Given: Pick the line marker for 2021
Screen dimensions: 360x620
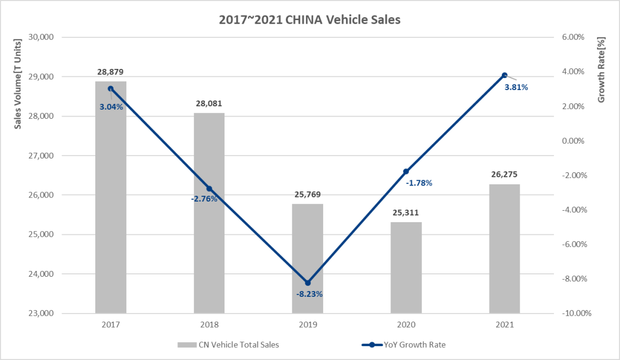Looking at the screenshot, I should (x=505, y=75).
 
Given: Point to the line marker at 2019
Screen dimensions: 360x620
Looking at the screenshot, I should (x=308, y=283).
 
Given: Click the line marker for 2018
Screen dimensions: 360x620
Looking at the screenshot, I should (x=209, y=188).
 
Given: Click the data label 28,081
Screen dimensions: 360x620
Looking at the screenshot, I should (x=208, y=104).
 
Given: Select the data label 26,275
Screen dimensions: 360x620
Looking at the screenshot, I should (x=505, y=175).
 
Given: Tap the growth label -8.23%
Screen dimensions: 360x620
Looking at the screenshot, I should (x=309, y=294).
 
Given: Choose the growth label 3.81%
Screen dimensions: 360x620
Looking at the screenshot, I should (x=516, y=87).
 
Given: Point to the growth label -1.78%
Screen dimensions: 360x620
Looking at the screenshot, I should (x=418, y=183).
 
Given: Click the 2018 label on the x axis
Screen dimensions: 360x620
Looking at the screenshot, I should (x=209, y=324).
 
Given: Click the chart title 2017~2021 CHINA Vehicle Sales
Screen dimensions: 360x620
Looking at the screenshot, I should (x=309, y=20).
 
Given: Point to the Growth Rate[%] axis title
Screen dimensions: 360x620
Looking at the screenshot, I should (x=602, y=71).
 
